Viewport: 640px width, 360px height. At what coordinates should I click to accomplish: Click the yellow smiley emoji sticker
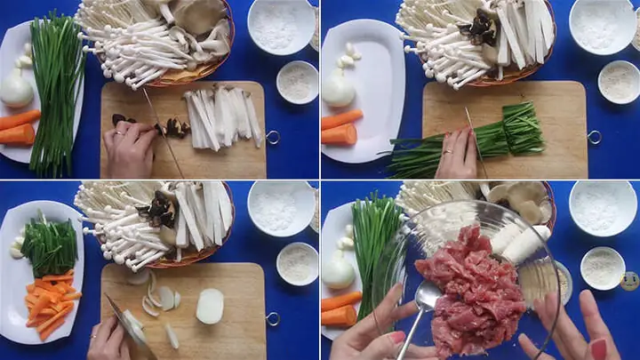629,281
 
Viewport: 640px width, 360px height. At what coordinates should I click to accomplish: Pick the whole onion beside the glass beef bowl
338,269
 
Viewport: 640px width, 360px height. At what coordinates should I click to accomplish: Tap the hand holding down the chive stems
458,153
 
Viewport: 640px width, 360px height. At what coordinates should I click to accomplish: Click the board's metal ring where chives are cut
594,137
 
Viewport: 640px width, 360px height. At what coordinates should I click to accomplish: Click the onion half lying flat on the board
210,305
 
